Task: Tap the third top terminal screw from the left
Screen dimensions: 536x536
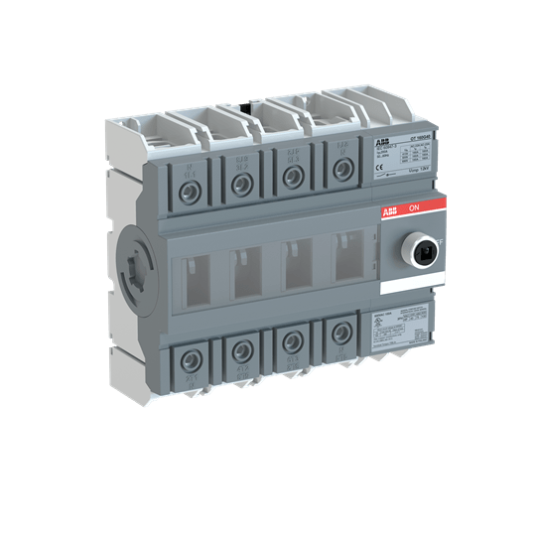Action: coord(292,176)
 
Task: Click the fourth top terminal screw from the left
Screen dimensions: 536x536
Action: coord(342,171)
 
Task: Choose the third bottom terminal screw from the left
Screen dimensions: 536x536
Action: coord(291,341)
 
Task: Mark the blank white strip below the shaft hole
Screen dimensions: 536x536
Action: coord(407,286)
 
